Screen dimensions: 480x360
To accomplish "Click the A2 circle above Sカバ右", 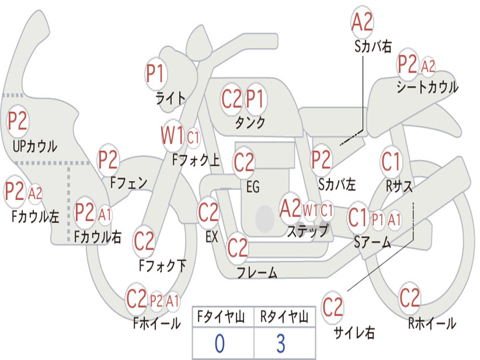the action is pyautogui.click(x=362, y=22).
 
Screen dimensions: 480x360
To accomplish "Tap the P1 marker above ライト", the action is pyautogui.click(x=156, y=74).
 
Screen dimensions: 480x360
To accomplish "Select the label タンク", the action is pyautogui.click(x=250, y=122).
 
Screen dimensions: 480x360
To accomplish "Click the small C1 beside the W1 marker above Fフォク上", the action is pyautogui.click(x=193, y=137).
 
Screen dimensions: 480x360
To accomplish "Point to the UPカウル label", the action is pyautogui.click(x=35, y=146).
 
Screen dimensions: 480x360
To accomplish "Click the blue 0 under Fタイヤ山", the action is pyautogui.click(x=220, y=343).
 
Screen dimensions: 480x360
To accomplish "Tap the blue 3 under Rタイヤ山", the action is pyautogui.click(x=281, y=343).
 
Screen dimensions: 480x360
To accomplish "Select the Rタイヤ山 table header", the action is pyautogui.click(x=285, y=316).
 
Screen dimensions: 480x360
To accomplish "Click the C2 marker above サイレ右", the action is pyautogui.click(x=332, y=307).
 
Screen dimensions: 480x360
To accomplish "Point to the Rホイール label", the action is pyautogui.click(x=432, y=323).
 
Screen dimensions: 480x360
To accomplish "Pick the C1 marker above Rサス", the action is pyautogui.click(x=391, y=161).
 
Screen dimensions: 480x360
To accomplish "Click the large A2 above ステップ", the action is pyautogui.click(x=291, y=208).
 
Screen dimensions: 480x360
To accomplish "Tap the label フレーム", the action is pyautogui.click(x=257, y=272).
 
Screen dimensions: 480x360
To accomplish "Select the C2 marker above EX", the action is pyautogui.click(x=208, y=212).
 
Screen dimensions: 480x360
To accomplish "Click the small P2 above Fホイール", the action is pyautogui.click(x=157, y=301).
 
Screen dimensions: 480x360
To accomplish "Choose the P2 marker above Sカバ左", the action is pyautogui.click(x=321, y=159).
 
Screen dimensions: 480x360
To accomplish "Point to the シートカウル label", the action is pyautogui.click(x=427, y=87).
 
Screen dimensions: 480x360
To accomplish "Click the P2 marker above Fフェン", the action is pyautogui.click(x=108, y=159).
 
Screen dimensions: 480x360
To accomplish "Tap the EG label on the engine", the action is pyautogui.click(x=253, y=187).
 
